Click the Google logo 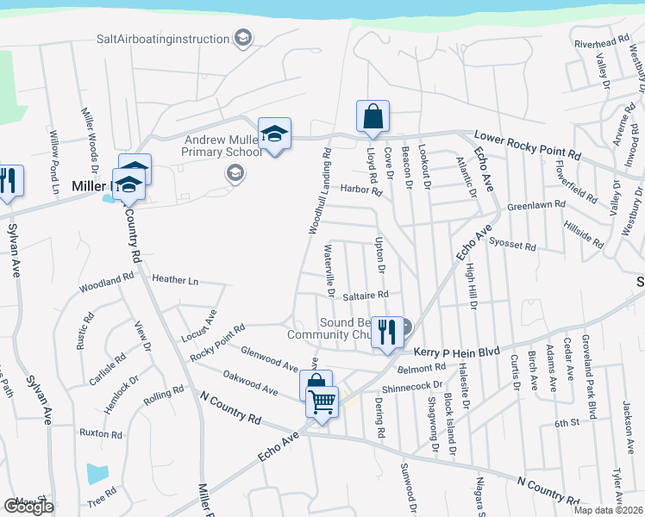[28, 507]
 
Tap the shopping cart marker [322, 400]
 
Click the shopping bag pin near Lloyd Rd [373, 117]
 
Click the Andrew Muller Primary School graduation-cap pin [275, 134]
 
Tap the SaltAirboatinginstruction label [164, 39]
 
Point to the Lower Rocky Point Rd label [529, 144]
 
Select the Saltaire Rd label [366, 294]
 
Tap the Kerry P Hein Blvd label [457, 352]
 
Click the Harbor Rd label [360, 190]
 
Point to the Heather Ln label [175, 280]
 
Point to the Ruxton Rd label [101, 433]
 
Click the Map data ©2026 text [608, 510]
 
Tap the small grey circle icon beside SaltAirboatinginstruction [244, 39]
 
